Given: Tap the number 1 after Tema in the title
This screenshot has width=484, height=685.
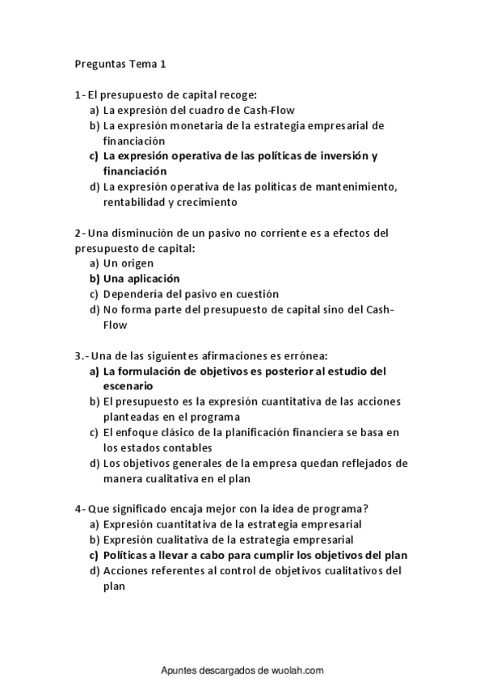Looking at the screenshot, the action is (162, 64).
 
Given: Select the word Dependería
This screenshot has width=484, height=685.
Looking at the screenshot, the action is (137, 294).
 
